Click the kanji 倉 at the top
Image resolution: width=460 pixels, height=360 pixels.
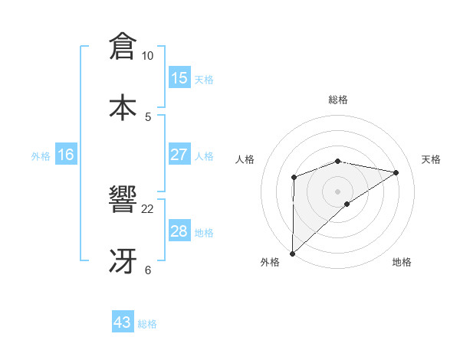click(123, 46)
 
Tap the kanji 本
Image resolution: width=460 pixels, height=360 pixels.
click(123, 106)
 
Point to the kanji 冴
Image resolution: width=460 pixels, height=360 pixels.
click(123, 260)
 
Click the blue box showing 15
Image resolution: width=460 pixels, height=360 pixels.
click(179, 78)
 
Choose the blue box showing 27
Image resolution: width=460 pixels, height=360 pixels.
click(179, 155)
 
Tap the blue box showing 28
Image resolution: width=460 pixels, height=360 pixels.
click(179, 231)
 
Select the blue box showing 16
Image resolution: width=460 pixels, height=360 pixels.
click(66, 155)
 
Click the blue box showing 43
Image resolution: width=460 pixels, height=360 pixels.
click(123, 322)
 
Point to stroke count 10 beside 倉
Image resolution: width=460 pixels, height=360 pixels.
click(148, 56)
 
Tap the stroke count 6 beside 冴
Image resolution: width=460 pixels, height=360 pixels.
click(148, 270)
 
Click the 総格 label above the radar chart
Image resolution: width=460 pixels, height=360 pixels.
click(337, 100)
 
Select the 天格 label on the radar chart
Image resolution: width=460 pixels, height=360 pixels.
click(432, 159)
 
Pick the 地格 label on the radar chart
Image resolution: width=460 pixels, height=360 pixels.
click(402, 262)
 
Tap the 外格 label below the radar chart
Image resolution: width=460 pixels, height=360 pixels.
click(270, 262)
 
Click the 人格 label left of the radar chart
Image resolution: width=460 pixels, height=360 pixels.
click(245, 159)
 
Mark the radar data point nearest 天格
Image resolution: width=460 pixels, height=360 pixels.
click(396, 172)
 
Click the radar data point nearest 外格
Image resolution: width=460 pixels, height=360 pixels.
click(292, 253)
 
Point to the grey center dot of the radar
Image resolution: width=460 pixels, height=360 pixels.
click(337, 191)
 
